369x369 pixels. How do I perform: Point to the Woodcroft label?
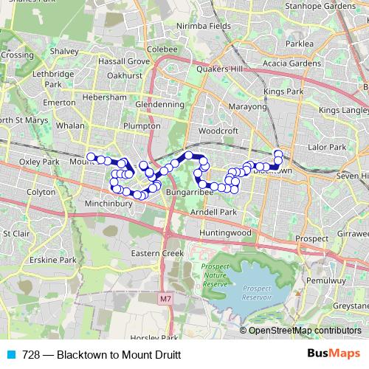pyautogui.click(x=219, y=131)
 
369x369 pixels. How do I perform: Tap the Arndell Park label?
pyautogui.click(x=213, y=212)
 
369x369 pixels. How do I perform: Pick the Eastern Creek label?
pyautogui.click(x=156, y=253)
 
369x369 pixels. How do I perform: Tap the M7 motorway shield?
pyautogui.click(x=164, y=300)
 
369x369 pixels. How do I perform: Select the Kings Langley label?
pyautogui.click(x=344, y=110)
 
